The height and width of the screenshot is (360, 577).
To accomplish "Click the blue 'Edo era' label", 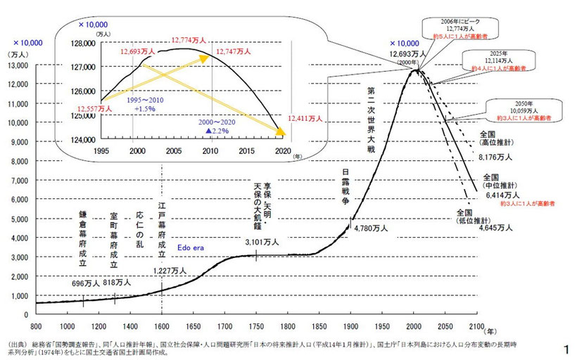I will pyautogui.click(x=190, y=248).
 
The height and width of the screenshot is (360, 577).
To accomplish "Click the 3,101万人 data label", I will pyautogui.click(x=262, y=242).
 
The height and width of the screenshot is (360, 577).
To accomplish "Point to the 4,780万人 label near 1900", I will pyautogui.click(x=372, y=229).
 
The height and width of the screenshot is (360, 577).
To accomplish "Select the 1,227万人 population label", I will pyautogui.click(x=170, y=270).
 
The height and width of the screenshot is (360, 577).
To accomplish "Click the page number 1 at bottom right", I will pyautogui.click(x=566, y=349).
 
